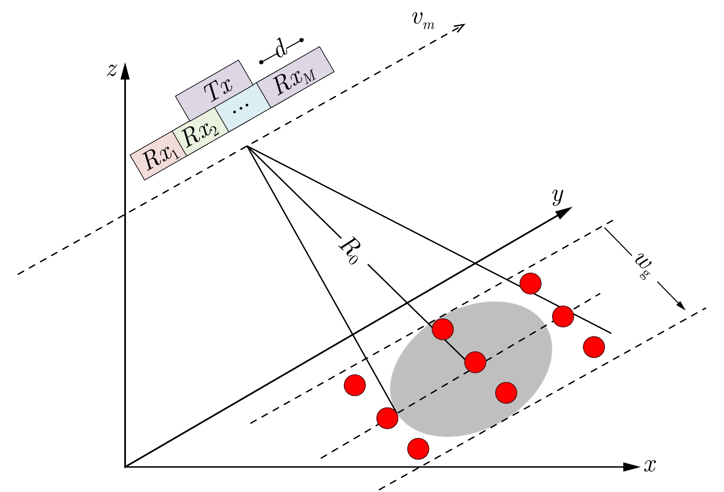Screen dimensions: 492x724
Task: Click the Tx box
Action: tap(214, 90)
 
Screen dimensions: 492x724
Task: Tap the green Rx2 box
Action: tap(200, 131)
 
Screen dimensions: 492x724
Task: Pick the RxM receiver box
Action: tap(295, 77)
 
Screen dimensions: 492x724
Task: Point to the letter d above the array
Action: tap(281, 49)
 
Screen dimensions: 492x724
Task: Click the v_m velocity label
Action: tap(422, 20)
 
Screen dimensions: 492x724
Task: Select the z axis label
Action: tap(112, 70)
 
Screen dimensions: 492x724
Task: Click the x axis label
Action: tap(649, 466)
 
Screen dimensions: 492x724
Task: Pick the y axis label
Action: tap(558, 196)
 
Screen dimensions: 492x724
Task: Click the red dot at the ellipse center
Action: tap(475, 362)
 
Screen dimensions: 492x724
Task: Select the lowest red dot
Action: tap(418, 449)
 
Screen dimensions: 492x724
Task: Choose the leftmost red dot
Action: tap(355, 385)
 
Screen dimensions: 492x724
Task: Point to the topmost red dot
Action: tap(531, 283)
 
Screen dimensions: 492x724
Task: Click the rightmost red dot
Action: tap(594, 347)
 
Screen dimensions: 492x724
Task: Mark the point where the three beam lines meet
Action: tap(247, 146)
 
